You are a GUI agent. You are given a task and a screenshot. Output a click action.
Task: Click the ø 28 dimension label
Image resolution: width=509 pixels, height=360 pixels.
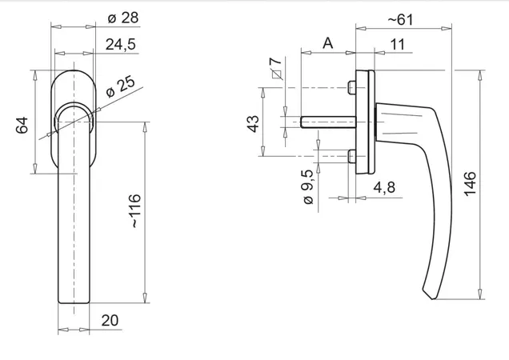click(x=123, y=18)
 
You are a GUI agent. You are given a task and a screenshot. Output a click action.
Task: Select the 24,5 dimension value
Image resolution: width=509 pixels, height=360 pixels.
click(x=121, y=45)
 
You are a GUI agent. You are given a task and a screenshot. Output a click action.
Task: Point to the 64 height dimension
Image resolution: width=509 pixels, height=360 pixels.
click(x=22, y=126)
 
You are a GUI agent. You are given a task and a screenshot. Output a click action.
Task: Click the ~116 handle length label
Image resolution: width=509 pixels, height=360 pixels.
click(x=135, y=211)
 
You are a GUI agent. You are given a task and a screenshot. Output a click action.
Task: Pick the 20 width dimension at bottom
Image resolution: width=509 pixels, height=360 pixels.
click(x=110, y=320)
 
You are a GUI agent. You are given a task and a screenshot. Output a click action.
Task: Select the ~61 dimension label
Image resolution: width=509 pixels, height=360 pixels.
click(x=401, y=20)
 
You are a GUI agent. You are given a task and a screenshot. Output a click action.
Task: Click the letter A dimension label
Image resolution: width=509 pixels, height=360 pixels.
click(x=328, y=43)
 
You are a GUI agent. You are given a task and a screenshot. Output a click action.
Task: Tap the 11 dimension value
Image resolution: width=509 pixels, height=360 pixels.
click(x=397, y=45)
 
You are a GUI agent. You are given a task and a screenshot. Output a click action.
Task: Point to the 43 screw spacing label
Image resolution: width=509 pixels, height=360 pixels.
click(x=254, y=124)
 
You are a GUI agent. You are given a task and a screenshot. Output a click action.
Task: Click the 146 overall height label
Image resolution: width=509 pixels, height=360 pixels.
click(x=470, y=184)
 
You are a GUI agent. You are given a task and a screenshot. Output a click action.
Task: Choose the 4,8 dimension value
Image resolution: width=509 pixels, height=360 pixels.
click(x=384, y=188)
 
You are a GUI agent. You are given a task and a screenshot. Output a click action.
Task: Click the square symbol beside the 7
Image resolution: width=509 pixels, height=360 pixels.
click(x=277, y=74)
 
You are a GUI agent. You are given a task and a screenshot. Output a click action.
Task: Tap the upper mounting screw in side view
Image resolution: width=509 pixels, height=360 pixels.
click(x=351, y=87)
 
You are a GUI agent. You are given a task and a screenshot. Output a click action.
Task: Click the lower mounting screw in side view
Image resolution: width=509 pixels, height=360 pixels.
click(x=351, y=156)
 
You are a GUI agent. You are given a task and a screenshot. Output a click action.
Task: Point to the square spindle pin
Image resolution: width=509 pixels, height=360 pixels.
click(x=328, y=122)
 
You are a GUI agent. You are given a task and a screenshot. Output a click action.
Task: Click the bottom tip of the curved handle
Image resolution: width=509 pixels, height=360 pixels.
click(x=432, y=298)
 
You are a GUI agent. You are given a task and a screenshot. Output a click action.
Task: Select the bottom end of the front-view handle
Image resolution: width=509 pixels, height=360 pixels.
click(x=74, y=303)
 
